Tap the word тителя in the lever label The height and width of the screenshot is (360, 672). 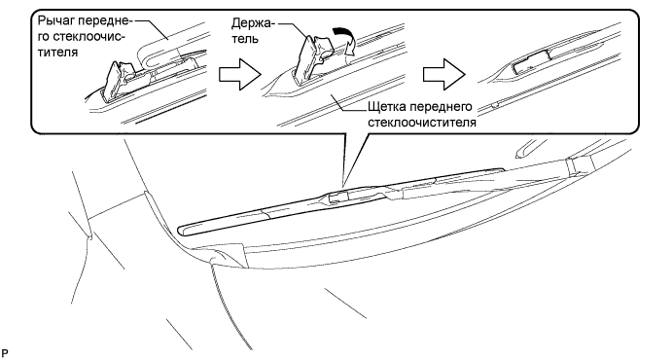(57, 53)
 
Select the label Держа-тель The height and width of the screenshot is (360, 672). (251, 30)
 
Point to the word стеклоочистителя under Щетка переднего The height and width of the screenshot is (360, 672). (422, 123)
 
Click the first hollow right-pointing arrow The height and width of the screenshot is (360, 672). (240, 75)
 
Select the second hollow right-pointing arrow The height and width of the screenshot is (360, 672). (444, 75)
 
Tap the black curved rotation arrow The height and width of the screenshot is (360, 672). (347, 41)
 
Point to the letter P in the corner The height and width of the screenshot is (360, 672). (5, 353)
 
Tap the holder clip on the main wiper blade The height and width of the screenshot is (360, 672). (337, 198)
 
